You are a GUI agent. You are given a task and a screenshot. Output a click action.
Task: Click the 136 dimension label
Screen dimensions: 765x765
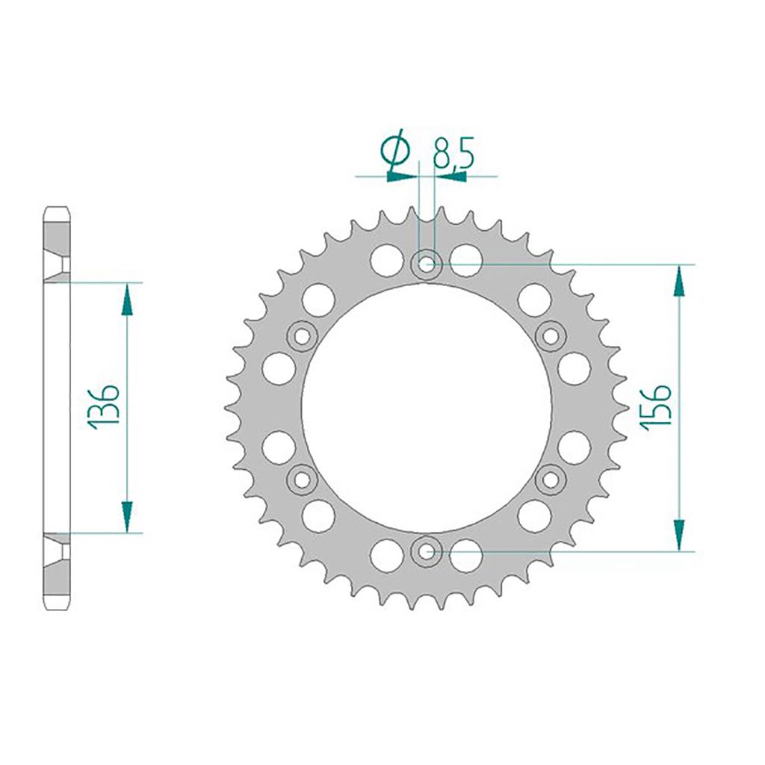coord(103,407)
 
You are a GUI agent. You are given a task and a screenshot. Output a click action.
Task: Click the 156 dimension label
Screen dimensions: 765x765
coord(656,407)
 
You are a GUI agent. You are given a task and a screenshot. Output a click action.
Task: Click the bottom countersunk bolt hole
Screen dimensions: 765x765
coord(427,551)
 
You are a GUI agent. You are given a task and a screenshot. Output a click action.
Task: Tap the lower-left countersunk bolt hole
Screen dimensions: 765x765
coord(303,480)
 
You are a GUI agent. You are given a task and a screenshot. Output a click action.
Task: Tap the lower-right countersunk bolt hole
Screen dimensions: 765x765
coord(551,480)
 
